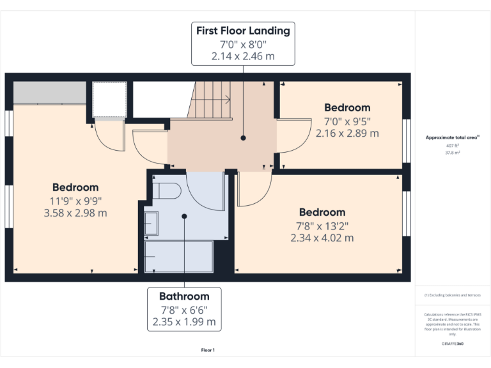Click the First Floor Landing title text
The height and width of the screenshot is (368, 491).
tap(243, 31)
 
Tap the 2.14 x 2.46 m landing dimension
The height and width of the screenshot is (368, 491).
tap(243, 56)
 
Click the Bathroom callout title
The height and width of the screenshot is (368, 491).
tap(184, 296)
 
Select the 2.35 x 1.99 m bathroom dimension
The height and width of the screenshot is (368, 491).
tap(184, 322)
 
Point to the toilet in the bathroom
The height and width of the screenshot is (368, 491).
tap(168, 191)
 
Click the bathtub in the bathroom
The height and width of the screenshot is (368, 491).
tap(180, 256)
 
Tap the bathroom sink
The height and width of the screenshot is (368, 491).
tap(152, 224)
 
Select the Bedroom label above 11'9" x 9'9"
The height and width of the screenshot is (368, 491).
tap(75, 187)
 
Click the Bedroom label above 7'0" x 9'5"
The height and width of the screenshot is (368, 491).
tap(347, 108)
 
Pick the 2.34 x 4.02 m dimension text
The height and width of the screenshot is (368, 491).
tap(322, 238)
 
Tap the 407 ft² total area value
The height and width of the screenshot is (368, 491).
tap(452, 146)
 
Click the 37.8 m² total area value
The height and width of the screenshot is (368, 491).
tap(452, 153)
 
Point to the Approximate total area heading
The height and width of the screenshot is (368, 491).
tap(452, 137)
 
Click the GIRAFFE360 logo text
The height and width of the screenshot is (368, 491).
tap(452, 344)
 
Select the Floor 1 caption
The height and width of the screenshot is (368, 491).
tap(208, 350)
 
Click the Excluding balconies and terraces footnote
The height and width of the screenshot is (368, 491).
tap(452, 295)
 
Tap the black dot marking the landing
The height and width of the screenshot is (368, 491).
tap(243, 137)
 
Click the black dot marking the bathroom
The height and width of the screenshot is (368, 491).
tap(184, 216)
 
